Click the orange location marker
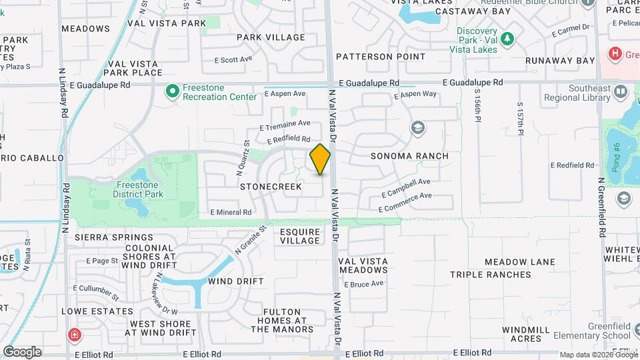click(320, 159)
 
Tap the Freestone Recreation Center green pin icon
click(172, 90)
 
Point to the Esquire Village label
click(300, 235)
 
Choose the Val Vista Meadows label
click(363, 265)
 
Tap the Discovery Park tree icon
click(507, 39)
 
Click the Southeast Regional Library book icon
click(620, 91)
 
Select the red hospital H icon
click(616, 53)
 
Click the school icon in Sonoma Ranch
click(418, 128)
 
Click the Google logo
click(22, 352)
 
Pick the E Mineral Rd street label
click(231, 213)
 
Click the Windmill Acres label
click(526, 334)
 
